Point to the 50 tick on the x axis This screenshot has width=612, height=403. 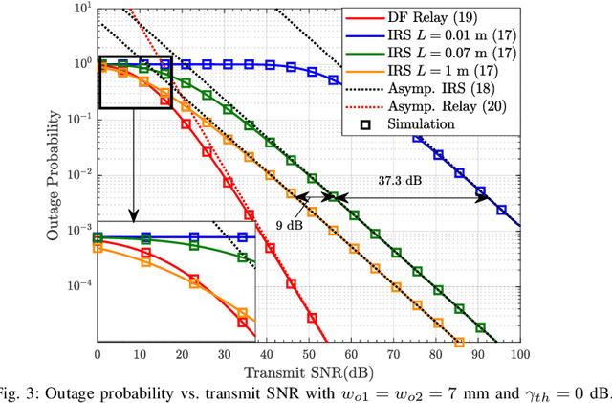308,354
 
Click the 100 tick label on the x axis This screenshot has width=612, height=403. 519,354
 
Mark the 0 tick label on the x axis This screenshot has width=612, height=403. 98,354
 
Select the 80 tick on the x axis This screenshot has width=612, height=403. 435,354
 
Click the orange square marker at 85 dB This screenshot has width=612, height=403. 458,342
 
